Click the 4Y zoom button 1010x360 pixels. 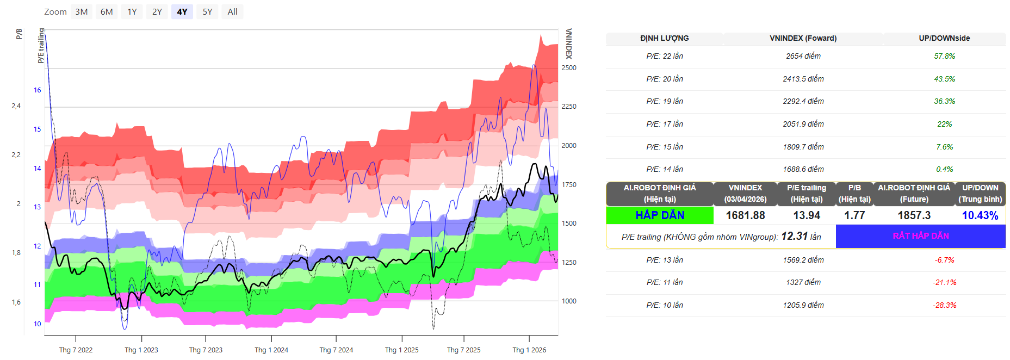[182, 12]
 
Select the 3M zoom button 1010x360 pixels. [82, 12]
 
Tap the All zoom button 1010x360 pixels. [232, 12]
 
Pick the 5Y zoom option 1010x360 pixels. [207, 12]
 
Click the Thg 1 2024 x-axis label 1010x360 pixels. [271, 350]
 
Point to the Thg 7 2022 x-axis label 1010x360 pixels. [76, 350]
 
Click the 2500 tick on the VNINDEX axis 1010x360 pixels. [569, 68]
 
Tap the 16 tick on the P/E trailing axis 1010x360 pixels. [38, 90]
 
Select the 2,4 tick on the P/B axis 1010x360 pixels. [16, 106]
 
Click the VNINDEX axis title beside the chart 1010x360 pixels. [569, 44]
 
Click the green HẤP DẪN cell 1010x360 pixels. [660, 215]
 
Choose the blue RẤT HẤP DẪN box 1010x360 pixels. [920, 236]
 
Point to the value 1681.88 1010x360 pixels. [745, 215]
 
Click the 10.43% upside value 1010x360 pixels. [980, 215]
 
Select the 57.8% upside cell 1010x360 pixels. [944, 56]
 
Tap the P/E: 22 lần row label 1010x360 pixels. [664, 56]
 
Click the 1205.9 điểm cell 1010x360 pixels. [803, 305]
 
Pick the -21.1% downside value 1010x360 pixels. [944, 282]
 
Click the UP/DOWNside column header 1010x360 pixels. [944, 38]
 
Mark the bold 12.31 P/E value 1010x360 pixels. [794, 236]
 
